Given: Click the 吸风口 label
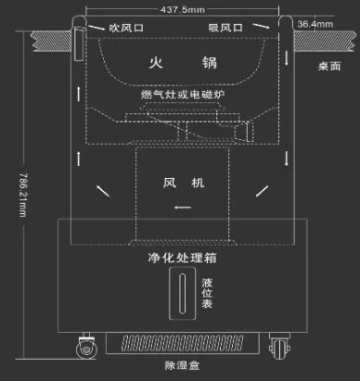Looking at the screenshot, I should [x=226, y=28].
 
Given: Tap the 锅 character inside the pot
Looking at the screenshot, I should [x=210, y=63].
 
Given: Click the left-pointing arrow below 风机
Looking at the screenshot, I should [x=183, y=206].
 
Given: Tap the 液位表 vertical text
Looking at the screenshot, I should [x=207, y=295].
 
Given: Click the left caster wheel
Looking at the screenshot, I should [x=86, y=348].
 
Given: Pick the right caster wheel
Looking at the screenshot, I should [x=276, y=348].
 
